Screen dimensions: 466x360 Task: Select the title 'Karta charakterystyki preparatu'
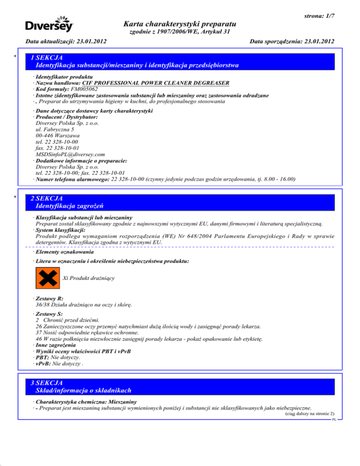180,24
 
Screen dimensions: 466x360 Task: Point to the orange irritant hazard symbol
47,278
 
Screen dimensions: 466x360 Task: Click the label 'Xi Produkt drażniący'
89,278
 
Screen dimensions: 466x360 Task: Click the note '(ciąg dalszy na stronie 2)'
309,414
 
